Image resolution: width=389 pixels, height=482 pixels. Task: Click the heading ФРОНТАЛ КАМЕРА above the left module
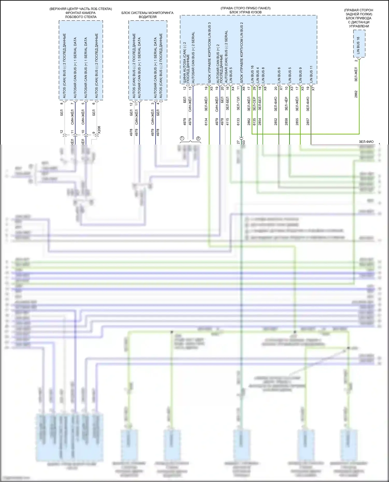click(81, 13)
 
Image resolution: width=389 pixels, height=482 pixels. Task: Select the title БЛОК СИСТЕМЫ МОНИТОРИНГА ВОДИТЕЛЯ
click(147, 15)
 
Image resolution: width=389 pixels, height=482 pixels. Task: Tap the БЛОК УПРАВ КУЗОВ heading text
click(245, 12)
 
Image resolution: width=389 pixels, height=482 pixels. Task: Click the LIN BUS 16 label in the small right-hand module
click(358, 45)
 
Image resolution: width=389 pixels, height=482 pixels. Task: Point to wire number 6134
click(206, 122)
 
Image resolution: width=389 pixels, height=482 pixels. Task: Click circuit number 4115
click(227, 122)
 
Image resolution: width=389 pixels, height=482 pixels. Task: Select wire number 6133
click(238, 122)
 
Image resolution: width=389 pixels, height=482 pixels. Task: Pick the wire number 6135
click(254, 122)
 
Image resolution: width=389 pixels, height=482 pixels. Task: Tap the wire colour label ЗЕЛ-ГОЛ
click(238, 104)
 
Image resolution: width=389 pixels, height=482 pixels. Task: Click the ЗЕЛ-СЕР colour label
click(254, 104)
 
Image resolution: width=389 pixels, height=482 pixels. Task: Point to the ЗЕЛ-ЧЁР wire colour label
click(286, 104)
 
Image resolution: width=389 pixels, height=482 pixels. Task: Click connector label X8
click(265, 88)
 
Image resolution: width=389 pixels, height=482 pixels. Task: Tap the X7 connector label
click(313, 88)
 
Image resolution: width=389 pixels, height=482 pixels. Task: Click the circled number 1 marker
click(182, 138)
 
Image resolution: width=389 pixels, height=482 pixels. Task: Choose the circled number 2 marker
click(198, 138)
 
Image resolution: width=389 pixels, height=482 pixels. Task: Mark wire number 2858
click(286, 122)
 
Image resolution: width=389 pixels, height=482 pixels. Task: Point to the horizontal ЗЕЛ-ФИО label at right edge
click(366, 142)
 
